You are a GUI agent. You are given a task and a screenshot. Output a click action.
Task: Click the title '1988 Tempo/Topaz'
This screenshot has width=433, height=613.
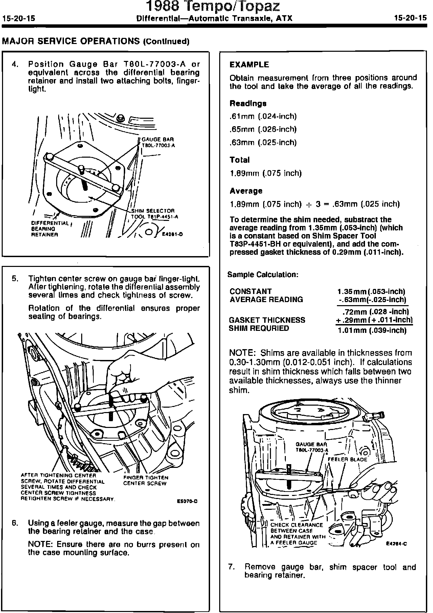[x=213, y=6]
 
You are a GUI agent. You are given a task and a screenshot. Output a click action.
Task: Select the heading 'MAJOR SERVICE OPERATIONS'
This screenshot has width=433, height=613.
[x=71, y=41]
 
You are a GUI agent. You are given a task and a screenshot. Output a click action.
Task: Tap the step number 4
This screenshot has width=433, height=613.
[x=15, y=64]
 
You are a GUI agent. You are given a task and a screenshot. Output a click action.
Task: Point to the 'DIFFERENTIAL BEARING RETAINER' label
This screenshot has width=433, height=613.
[x=50, y=228]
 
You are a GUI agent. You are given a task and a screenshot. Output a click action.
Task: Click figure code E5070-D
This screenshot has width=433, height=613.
[x=187, y=501]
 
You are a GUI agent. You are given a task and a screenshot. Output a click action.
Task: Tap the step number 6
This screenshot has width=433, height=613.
[x=15, y=523]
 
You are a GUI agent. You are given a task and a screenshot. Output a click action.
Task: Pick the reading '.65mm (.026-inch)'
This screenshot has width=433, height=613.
[x=263, y=129]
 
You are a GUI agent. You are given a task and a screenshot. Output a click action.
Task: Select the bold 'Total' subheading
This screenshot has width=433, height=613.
[x=240, y=160]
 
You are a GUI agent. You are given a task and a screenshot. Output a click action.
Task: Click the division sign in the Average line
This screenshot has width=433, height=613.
[x=308, y=204]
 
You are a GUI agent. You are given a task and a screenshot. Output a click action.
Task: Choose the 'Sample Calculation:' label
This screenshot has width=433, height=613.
[x=263, y=274]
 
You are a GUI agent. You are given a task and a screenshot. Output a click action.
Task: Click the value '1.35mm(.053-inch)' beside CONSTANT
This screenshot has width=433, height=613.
[x=371, y=291]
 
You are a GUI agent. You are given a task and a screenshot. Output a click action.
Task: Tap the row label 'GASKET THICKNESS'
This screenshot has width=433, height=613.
[x=267, y=320]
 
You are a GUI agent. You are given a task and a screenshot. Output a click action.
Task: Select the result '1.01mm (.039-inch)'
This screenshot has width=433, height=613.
[x=372, y=330]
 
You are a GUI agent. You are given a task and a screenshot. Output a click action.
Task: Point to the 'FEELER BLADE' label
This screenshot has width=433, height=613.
[x=347, y=459]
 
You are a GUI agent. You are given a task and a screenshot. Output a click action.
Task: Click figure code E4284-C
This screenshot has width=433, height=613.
[x=396, y=544]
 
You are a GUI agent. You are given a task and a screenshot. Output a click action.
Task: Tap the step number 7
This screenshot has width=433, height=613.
[x=231, y=567]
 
